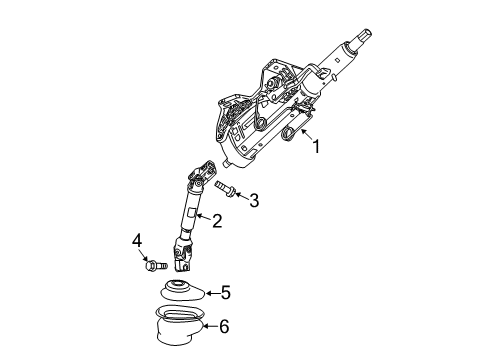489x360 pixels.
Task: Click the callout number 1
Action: [x=319, y=147]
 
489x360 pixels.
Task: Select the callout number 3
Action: [x=253, y=202]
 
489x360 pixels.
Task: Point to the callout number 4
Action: [x=137, y=239]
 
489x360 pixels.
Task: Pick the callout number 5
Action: [x=225, y=293]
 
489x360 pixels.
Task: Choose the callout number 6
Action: [x=225, y=326]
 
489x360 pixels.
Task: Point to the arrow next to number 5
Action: [x=209, y=293]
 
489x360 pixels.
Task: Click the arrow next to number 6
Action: [x=210, y=326]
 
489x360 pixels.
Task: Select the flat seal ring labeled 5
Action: [x=182, y=293]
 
